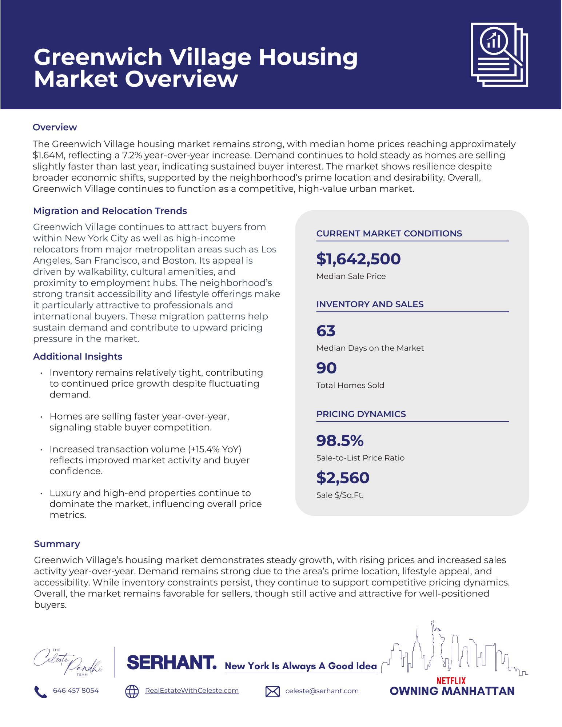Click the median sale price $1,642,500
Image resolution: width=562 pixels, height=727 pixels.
point(358,259)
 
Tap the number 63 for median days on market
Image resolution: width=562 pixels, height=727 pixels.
point(326,331)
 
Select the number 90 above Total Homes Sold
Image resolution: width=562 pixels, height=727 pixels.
point(326,368)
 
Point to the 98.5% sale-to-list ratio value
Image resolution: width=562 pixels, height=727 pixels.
point(340,441)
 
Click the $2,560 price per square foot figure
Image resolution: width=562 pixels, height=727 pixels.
point(343,478)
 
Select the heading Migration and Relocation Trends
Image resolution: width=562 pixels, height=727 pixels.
point(110,211)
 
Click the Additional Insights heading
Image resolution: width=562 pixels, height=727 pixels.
point(77,356)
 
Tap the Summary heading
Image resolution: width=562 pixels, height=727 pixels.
point(57,544)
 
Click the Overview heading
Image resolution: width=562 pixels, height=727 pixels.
point(55,127)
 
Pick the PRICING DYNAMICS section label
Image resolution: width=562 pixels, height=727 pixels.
point(361,414)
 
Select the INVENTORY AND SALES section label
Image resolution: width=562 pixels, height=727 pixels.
point(370,304)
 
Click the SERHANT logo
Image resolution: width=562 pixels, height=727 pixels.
point(171,663)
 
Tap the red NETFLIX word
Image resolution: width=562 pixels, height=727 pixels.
point(451,680)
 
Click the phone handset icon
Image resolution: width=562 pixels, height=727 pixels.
point(40,691)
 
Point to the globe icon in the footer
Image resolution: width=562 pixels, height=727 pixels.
point(132,691)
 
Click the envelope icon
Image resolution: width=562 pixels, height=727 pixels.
point(272,691)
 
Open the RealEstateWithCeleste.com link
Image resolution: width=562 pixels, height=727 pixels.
point(192,691)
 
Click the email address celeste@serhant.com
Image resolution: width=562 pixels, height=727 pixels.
point(322,691)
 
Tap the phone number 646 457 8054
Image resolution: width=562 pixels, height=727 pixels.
point(76,691)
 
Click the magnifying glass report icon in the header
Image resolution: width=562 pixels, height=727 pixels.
point(499,55)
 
